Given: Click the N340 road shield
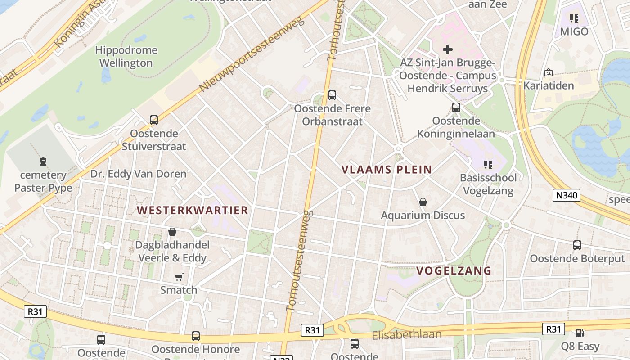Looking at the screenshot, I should point(567,195).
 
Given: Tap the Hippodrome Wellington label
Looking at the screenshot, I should point(126,57).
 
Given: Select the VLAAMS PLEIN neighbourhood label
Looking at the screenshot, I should point(387,170).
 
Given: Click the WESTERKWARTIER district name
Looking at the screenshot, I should point(193,210).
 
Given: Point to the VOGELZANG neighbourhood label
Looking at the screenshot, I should point(454,270).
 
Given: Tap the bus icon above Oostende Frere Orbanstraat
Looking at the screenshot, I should point(332,95).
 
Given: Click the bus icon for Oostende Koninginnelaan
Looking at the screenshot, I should point(456,108).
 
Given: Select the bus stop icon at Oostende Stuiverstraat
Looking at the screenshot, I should point(154,120).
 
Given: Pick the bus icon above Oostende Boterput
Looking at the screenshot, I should point(577,245).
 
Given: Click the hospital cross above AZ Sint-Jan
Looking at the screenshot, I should point(447,49).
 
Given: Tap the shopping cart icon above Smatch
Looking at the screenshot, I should point(179,277).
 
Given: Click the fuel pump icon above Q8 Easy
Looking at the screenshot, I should point(580,333).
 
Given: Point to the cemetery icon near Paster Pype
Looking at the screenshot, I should point(43,161).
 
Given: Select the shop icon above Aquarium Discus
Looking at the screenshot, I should point(423,202).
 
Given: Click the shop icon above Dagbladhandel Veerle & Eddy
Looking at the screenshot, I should point(172,232).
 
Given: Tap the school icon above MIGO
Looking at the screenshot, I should point(574,18).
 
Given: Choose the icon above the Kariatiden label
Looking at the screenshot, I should point(549,72).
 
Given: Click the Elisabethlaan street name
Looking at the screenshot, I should point(407,335).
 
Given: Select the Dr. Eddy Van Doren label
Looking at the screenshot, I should point(138,174).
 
